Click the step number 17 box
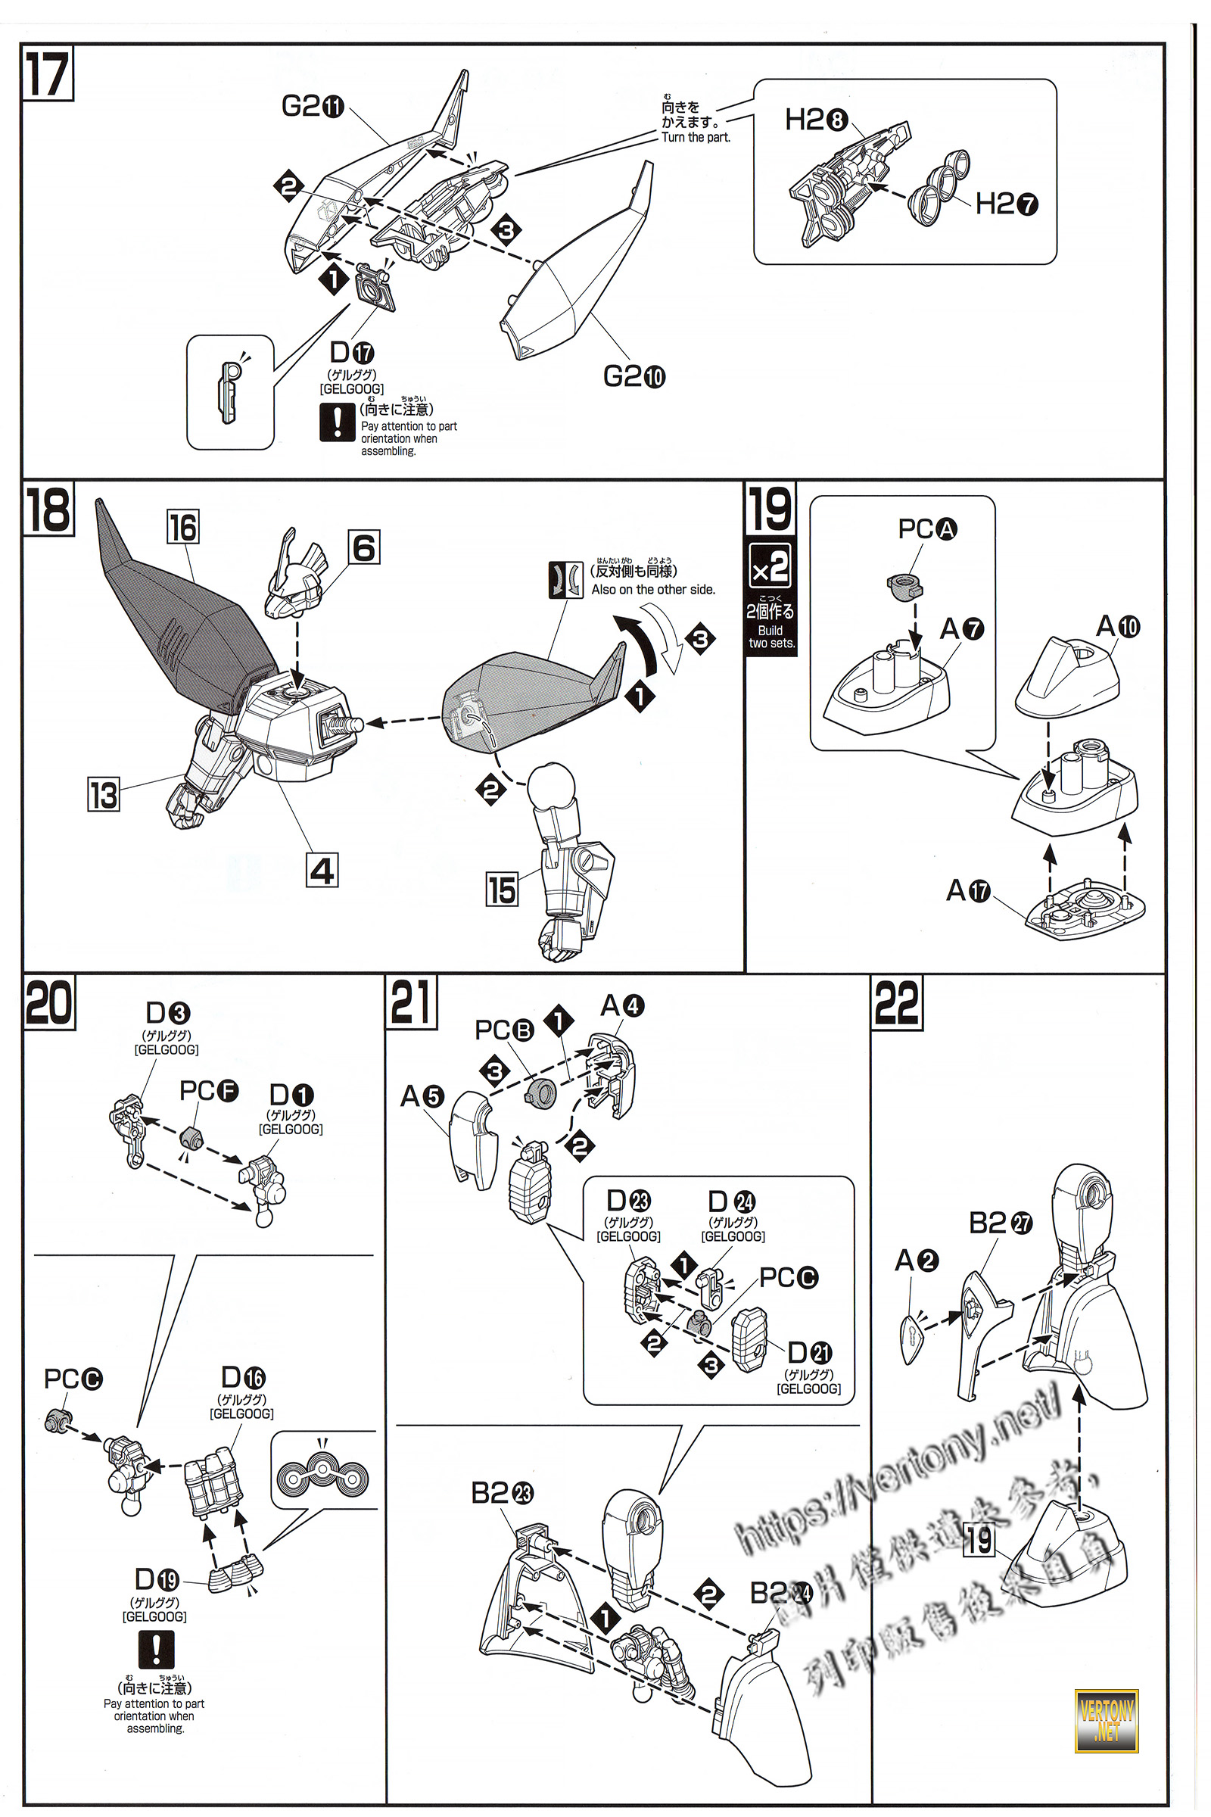47,74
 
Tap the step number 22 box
897,1002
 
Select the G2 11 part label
312,106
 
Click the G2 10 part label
634,376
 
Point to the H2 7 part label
1007,204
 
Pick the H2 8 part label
817,120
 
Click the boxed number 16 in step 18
183,527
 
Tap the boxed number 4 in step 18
322,871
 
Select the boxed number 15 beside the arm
501,889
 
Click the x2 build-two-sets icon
770,567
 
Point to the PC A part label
926,529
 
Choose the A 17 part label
969,891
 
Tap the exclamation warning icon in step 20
156,1649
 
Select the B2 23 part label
502,1493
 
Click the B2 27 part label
1000,1223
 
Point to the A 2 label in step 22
916,1261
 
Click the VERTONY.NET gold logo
1106,1720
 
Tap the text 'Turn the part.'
695,138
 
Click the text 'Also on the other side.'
652,590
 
